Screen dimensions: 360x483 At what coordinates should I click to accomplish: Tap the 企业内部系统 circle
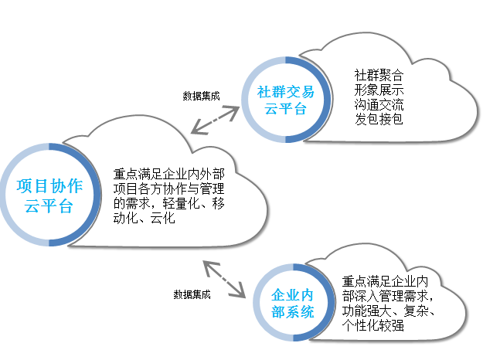pyautogui.click(x=293, y=304)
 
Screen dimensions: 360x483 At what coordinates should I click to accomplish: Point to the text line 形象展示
pyautogui.click(x=379, y=90)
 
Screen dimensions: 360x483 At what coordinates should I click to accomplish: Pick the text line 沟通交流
pyautogui.click(x=379, y=104)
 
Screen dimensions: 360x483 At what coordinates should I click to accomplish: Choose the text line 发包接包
pyautogui.click(x=379, y=119)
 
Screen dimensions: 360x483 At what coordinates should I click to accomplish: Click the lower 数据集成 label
pyautogui.click(x=192, y=294)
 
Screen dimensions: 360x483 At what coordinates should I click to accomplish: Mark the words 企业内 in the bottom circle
pyautogui.click(x=293, y=295)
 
